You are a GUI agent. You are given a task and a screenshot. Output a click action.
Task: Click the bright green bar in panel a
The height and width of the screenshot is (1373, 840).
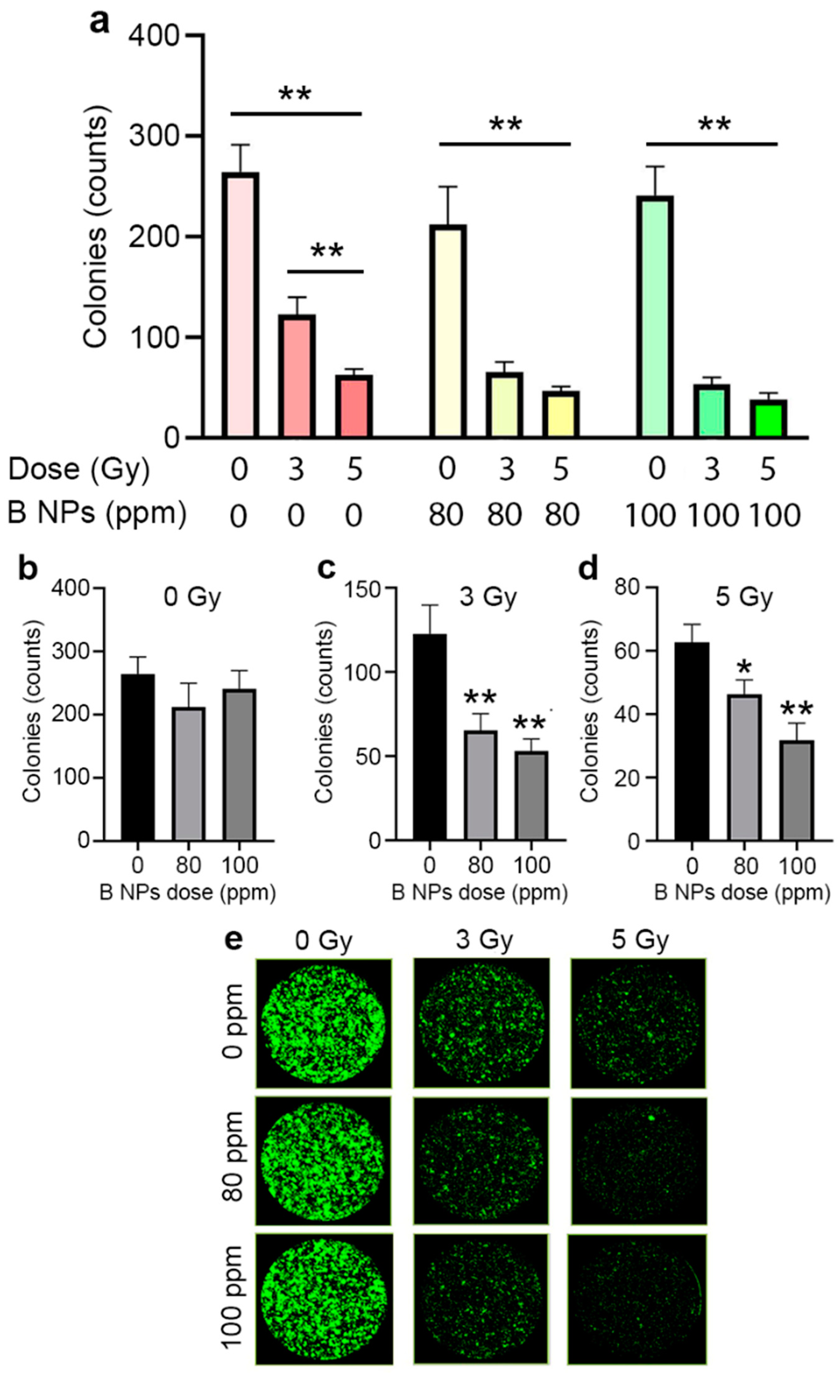768,419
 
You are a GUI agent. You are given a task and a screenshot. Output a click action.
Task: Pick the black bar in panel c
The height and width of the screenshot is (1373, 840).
429,737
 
